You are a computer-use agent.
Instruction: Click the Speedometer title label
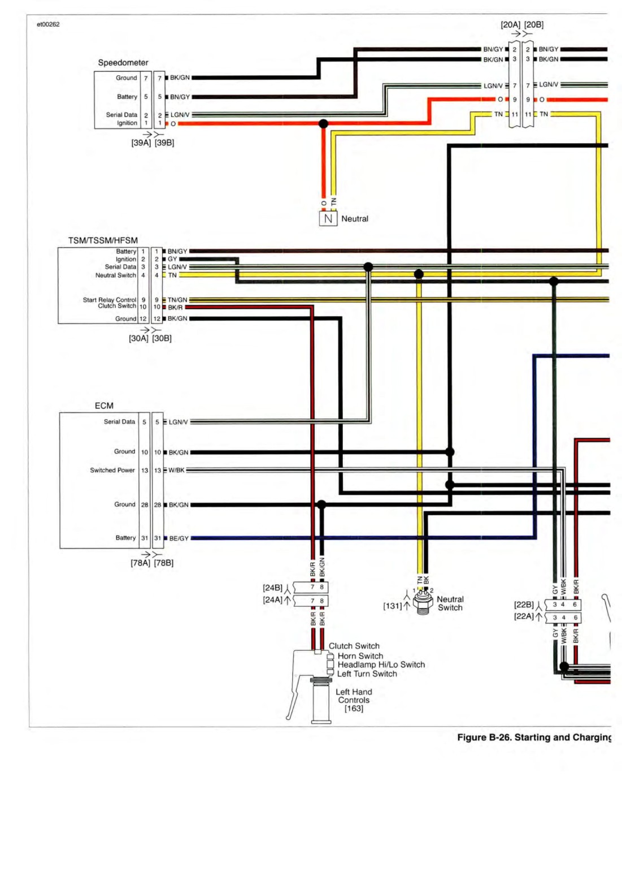pos(123,63)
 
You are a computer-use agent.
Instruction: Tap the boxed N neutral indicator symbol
pos(328,218)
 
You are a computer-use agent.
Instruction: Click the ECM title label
pos(104,406)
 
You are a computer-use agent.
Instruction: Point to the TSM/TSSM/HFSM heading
pos(103,240)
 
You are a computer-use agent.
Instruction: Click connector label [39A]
pos(141,143)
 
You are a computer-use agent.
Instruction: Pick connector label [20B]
pos(534,25)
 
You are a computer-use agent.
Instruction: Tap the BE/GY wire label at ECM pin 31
pos(179,538)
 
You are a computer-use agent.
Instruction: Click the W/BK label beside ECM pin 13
pos(177,470)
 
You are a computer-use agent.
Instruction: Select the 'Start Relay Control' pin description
pos(110,300)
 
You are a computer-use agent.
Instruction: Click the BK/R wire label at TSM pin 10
pos(175,307)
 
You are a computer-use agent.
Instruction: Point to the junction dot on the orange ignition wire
pos(323,124)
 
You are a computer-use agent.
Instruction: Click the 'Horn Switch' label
pos(360,655)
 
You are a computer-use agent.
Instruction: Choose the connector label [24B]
pos(272,588)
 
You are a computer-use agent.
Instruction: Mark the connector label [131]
pos(393,606)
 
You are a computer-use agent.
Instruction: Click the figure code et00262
pos(48,24)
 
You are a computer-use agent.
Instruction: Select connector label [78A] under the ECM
pos(140,563)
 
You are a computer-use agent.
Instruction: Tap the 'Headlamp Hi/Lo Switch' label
pos(381,665)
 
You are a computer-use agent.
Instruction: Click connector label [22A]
pos(524,616)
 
